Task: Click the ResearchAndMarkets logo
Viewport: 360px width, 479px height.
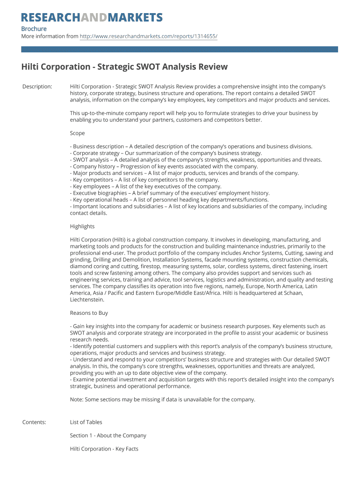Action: (92, 18)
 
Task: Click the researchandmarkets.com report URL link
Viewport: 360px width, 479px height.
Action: (148, 36)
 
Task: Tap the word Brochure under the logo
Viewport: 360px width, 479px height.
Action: (34, 29)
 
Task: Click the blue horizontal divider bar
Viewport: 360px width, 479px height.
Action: (180, 49)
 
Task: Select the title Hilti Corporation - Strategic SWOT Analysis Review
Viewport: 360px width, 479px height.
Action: (124, 66)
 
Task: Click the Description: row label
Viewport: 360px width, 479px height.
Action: (37, 87)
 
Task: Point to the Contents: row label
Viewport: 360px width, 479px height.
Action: (34, 422)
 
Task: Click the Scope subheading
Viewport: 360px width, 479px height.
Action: (78, 133)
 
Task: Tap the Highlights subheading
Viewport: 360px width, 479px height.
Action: (82, 226)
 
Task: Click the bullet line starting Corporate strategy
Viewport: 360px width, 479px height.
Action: (166, 153)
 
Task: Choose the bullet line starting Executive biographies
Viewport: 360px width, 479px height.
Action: (170, 193)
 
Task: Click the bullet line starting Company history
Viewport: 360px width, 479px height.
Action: (164, 166)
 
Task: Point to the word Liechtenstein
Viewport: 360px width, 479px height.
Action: (86, 300)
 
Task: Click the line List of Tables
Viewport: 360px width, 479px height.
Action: (86, 422)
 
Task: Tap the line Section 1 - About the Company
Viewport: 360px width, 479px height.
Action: (108, 435)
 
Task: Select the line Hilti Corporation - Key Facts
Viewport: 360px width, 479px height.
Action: (104, 449)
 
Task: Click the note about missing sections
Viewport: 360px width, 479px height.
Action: (163, 399)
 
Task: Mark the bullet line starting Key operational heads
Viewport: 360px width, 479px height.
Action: (169, 200)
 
